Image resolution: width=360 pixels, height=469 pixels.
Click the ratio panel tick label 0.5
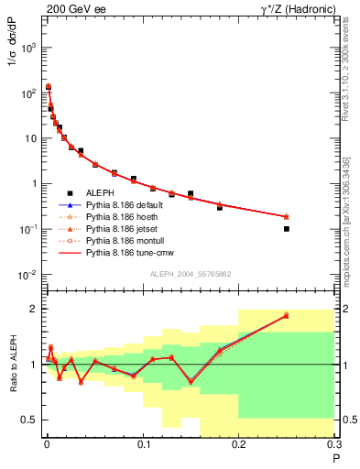coord(28,420)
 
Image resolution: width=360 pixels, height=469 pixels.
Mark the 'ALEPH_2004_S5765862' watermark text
coord(189,275)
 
